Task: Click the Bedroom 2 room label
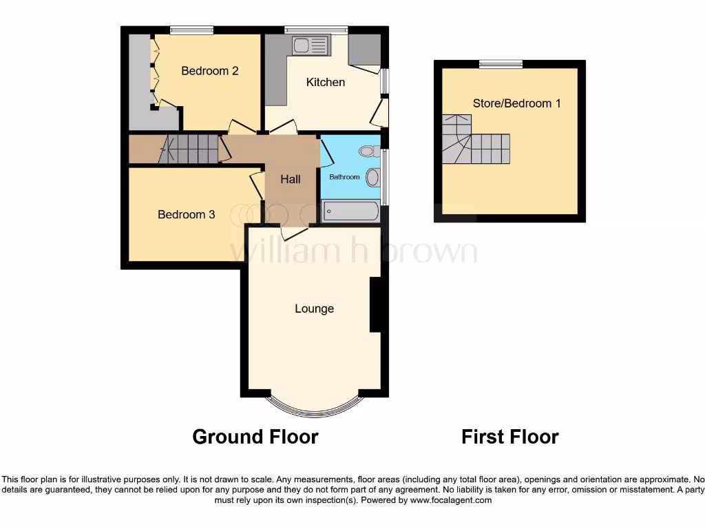coord(210,71)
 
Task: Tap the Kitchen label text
coord(326,83)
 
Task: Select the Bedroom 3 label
coord(186,215)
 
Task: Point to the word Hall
coord(291,180)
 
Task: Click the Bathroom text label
coord(344,177)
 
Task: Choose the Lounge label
coord(315,309)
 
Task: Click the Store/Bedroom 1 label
coord(516,104)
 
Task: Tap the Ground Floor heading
coord(255,437)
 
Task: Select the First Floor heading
coord(509,437)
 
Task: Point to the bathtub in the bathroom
coord(350,211)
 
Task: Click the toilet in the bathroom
coord(368,150)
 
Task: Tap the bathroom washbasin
coord(372,178)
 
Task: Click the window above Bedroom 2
coord(191,30)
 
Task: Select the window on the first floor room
coord(501,64)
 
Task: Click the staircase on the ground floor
coord(190,149)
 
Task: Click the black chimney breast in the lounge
coord(375,305)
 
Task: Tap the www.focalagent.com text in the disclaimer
coord(450,501)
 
